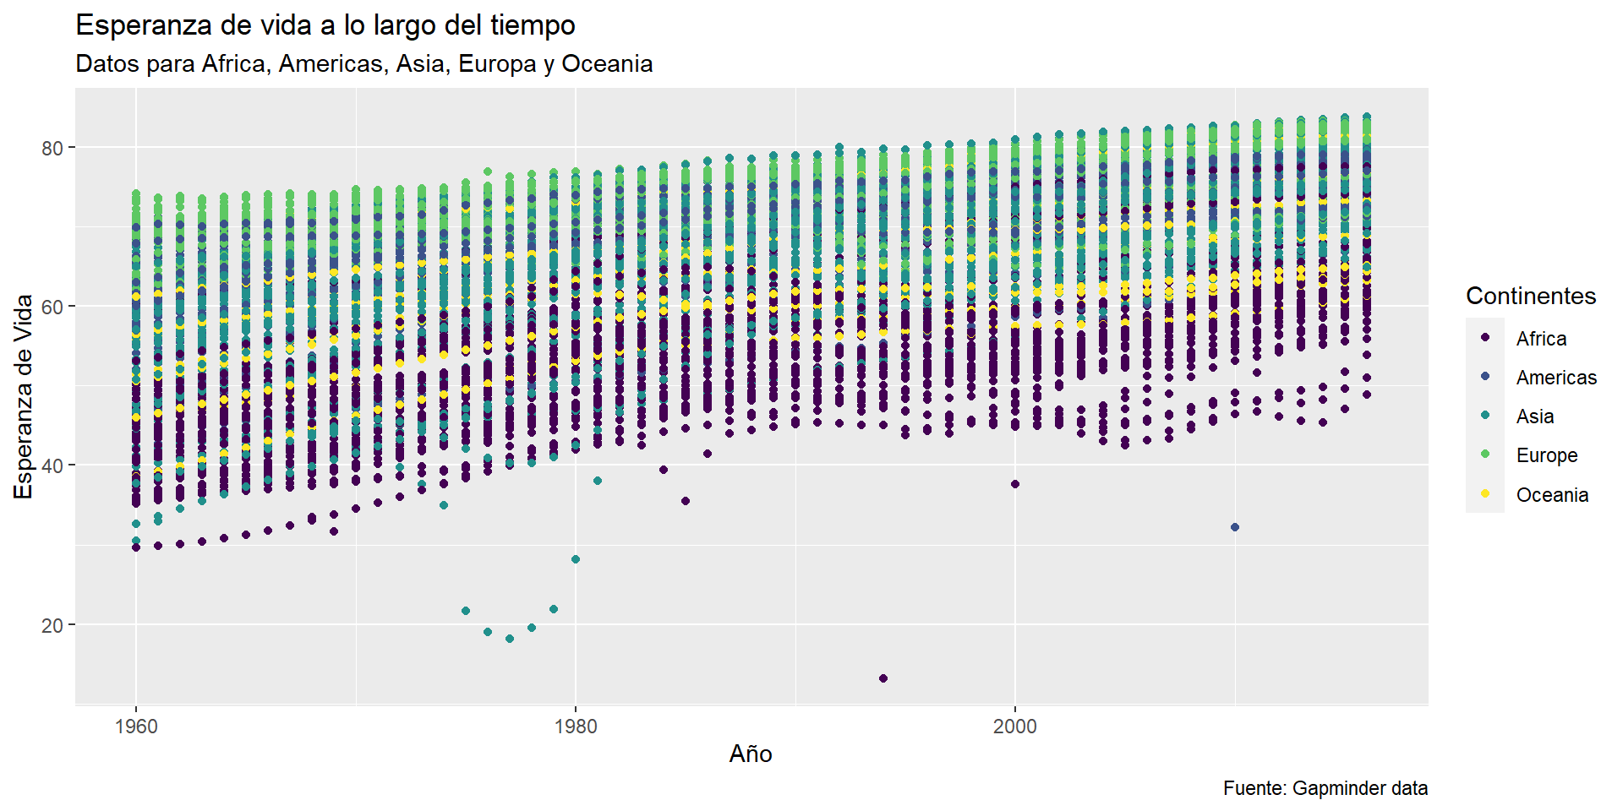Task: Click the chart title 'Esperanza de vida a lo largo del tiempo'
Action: pyautogui.click(x=325, y=25)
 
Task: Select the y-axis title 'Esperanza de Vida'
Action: pyautogui.click(x=24, y=396)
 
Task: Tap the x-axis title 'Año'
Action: pyautogui.click(x=751, y=754)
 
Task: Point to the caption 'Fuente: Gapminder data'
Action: pyautogui.click(x=1325, y=788)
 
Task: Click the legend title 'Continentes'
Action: pyautogui.click(x=1531, y=296)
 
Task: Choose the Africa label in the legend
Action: pyautogui.click(x=1541, y=339)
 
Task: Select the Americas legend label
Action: pyautogui.click(x=1556, y=378)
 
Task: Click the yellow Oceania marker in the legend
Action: pyautogui.click(x=1485, y=494)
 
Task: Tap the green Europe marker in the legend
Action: pyautogui.click(x=1485, y=454)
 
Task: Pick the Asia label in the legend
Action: pyautogui.click(x=1535, y=416)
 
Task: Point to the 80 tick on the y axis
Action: pyautogui.click(x=52, y=148)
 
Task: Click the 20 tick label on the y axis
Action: pyautogui.click(x=52, y=625)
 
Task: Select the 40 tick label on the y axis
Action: pyautogui.click(x=52, y=465)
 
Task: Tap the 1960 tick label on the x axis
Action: pyautogui.click(x=136, y=727)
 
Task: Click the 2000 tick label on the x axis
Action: pyautogui.click(x=1014, y=727)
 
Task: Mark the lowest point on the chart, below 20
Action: pyautogui.click(x=883, y=678)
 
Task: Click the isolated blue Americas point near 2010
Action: pyautogui.click(x=1235, y=527)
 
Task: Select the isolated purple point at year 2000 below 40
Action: pyautogui.click(x=1015, y=484)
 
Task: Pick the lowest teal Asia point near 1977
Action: pyautogui.click(x=510, y=639)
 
